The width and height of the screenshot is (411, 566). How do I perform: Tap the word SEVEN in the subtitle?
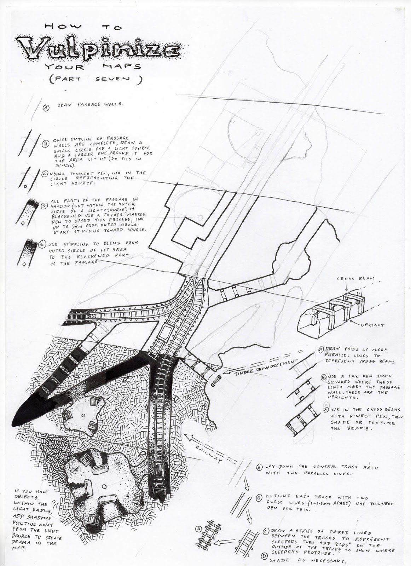tap(113, 79)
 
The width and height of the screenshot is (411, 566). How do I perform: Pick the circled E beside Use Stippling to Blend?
tap(42, 244)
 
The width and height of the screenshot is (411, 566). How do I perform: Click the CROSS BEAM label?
tap(355, 279)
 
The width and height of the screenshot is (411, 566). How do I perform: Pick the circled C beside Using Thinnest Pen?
tap(45, 174)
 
